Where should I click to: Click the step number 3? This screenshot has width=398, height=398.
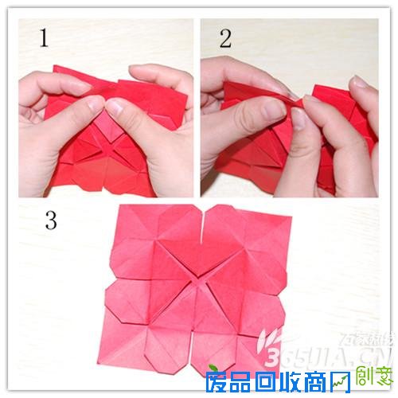click(x=50, y=220)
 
